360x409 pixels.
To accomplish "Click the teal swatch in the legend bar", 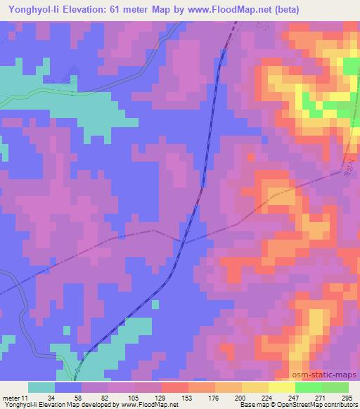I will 41,387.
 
